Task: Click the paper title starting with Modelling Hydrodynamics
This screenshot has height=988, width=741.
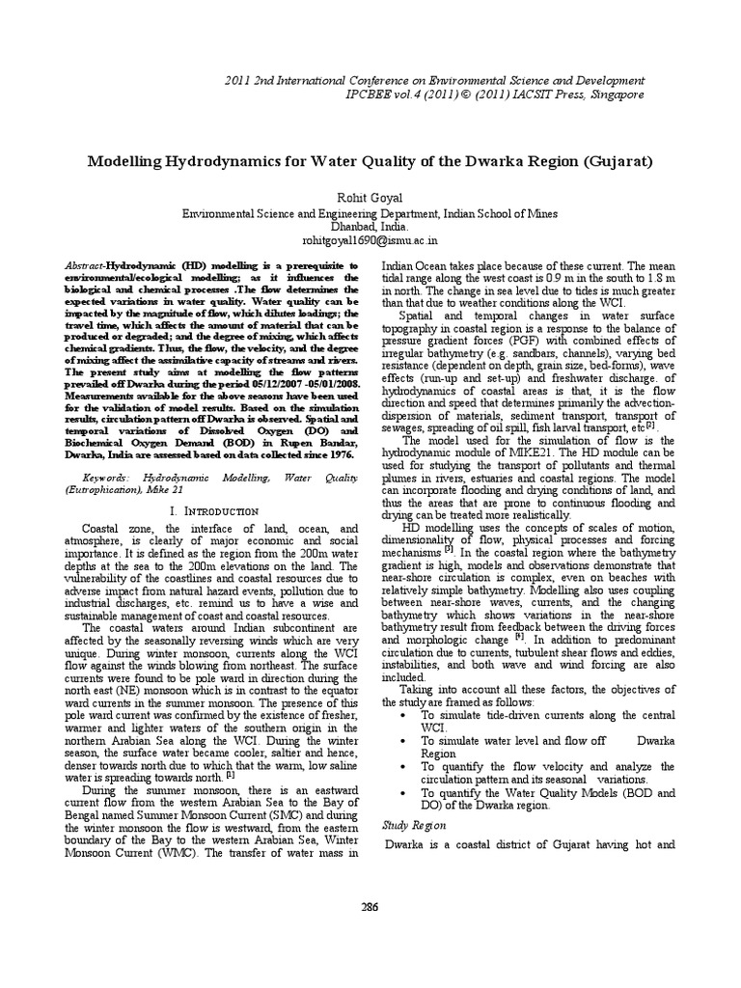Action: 371,158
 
